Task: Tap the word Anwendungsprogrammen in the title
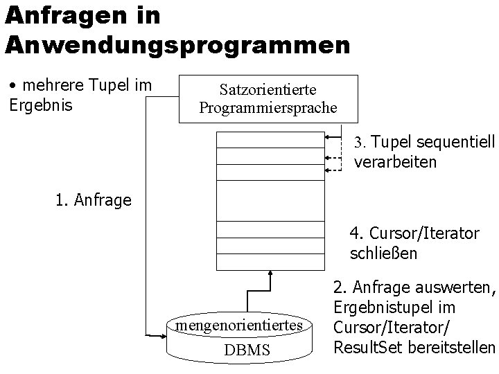177,45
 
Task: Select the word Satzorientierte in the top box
268,90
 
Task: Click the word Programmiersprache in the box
268,108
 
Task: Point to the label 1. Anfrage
94,201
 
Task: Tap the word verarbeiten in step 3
395,163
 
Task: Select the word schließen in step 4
384,253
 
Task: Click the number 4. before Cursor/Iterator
357,233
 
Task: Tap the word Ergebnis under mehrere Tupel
40,107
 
